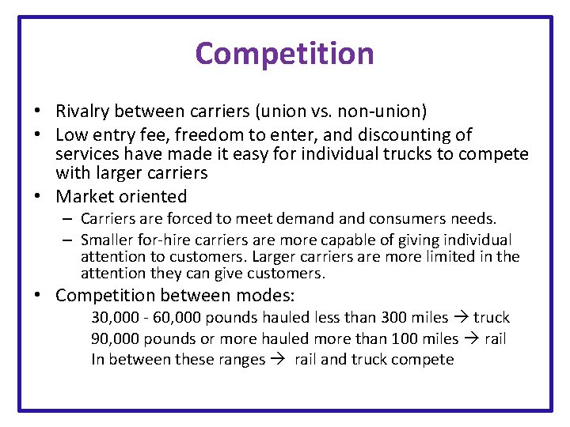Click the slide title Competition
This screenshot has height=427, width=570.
(x=284, y=54)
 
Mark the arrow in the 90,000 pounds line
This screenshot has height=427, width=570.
(x=470, y=339)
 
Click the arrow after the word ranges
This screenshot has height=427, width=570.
(x=277, y=360)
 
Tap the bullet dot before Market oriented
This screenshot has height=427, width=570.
(x=37, y=196)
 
